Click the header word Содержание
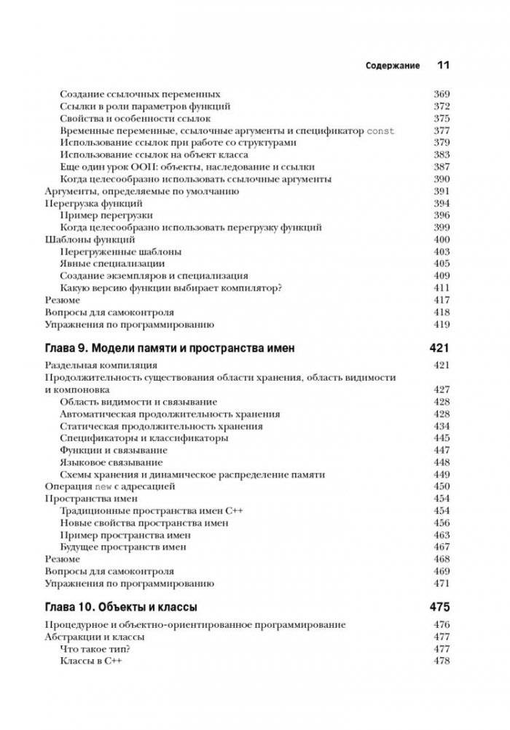click(392, 66)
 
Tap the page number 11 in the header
click(443, 65)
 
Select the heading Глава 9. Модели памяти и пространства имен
click(170, 349)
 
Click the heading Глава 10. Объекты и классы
click(121, 607)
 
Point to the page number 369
click(442, 94)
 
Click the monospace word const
click(380, 131)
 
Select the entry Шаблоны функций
click(90, 239)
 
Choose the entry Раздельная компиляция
click(101, 365)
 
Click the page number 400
click(442, 239)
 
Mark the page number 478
click(442, 661)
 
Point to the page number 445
click(442, 438)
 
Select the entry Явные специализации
click(112, 263)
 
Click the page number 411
click(442, 288)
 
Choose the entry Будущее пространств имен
click(125, 546)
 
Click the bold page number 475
click(439, 607)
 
